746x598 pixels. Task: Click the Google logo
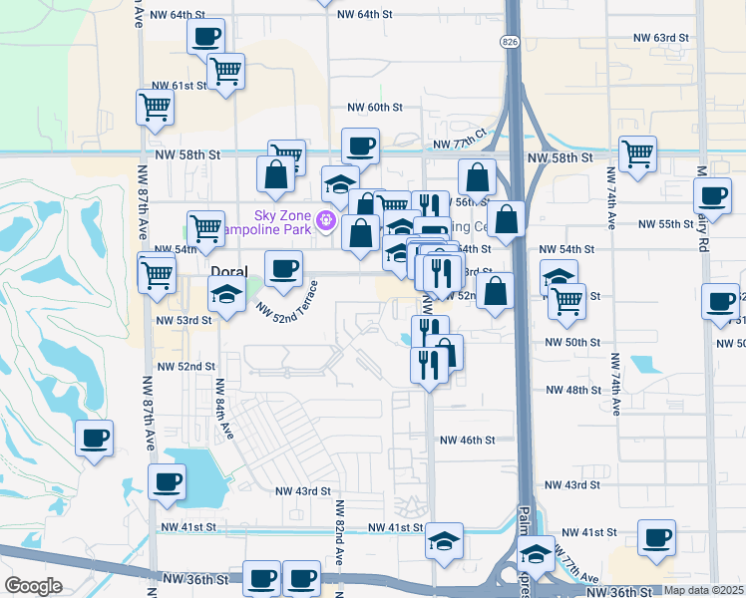33,586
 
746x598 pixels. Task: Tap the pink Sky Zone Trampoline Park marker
323,219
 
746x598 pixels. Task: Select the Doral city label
228,271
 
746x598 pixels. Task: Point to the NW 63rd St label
661,37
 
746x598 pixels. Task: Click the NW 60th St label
374,107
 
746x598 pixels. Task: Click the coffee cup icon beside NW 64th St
205,37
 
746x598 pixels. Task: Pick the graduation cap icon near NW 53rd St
226,293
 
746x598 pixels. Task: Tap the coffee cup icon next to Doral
283,268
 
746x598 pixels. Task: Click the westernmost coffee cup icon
94,438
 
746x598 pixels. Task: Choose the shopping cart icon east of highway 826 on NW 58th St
637,153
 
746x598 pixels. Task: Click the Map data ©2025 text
703,590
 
